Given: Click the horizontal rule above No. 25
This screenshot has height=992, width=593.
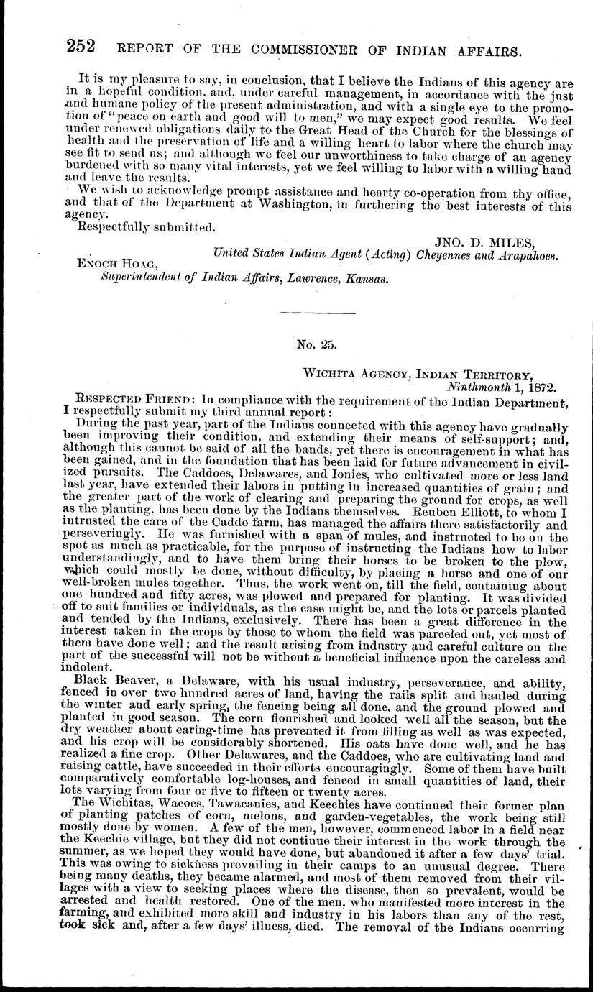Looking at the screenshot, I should [x=316, y=313].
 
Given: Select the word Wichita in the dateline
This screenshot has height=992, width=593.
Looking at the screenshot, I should [x=331, y=375].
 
